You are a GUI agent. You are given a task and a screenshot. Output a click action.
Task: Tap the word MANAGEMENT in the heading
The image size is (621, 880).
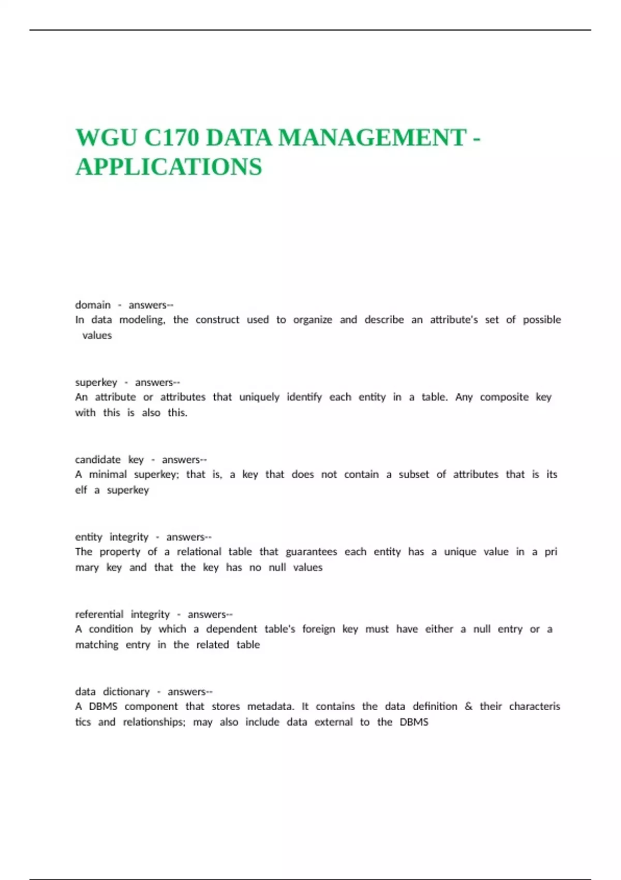point(372,138)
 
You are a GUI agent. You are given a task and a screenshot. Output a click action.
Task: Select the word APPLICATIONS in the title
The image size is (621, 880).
point(169,167)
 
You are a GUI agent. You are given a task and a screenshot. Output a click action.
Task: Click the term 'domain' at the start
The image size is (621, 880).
point(93,305)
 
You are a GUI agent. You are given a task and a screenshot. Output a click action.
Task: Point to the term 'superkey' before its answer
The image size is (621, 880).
point(96,383)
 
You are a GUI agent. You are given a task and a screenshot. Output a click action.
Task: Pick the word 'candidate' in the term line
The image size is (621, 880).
point(98,460)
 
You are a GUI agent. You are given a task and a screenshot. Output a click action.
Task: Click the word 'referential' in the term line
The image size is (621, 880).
point(99,614)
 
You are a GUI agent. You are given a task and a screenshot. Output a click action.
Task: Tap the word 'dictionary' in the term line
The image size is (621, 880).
point(126,692)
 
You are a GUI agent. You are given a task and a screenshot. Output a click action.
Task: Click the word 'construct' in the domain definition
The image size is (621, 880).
point(217,320)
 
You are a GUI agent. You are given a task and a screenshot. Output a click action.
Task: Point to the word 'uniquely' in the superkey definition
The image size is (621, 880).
point(259,397)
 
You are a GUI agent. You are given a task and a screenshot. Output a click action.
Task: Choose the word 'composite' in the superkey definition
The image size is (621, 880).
point(504,397)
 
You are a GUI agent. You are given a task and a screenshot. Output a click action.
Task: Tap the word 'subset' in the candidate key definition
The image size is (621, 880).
point(413,474)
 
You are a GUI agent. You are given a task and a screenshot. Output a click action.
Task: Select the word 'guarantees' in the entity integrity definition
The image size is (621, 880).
point(311,552)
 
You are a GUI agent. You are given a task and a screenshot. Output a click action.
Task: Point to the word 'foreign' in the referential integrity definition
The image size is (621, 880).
point(318,629)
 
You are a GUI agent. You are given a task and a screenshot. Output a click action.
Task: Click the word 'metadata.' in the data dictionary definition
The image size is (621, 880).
point(271,707)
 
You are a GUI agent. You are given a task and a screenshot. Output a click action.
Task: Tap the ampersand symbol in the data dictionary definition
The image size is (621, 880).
point(468,707)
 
